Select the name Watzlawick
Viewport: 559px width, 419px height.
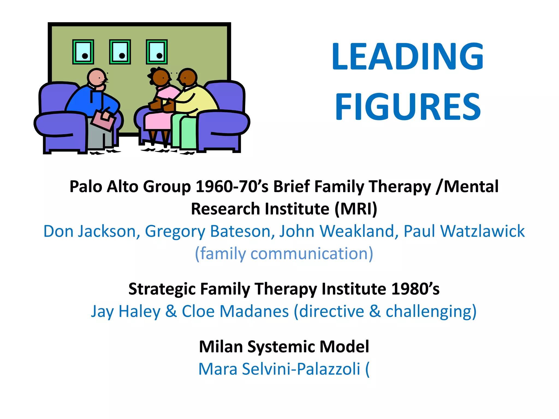pyautogui.click(x=482, y=231)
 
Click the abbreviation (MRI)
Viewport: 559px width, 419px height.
pyautogui.click(x=356, y=209)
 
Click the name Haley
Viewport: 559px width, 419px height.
pyautogui.click(x=139, y=311)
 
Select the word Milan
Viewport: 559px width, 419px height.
pyautogui.click(x=221, y=347)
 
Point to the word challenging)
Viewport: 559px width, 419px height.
pyautogui.click(x=431, y=311)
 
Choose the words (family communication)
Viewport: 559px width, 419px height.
pyautogui.click(x=284, y=254)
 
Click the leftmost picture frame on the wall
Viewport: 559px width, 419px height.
pyautogui.click(x=83, y=52)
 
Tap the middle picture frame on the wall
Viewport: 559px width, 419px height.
pyautogui.click(x=120, y=52)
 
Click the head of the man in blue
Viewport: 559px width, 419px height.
pyautogui.click(x=97, y=77)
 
